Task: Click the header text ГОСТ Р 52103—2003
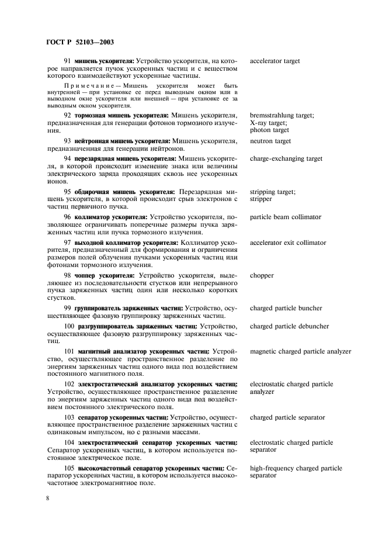(x=79, y=42)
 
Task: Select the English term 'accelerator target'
(x=275, y=60)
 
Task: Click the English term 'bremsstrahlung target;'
(x=281, y=115)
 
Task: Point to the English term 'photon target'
(x=269, y=130)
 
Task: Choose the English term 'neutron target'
(x=270, y=141)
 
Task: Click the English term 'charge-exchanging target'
(x=286, y=158)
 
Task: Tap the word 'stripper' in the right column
(x=262, y=199)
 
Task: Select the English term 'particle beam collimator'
(x=286, y=217)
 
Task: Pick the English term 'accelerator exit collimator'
(x=288, y=242)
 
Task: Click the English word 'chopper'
(x=262, y=275)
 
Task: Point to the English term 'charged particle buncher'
(x=286, y=308)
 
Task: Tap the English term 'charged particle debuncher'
(x=289, y=326)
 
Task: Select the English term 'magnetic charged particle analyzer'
(x=300, y=351)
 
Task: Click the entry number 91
(x=67, y=60)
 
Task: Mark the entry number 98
(x=67, y=275)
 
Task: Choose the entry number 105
(x=69, y=468)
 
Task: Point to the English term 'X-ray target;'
(x=268, y=123)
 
